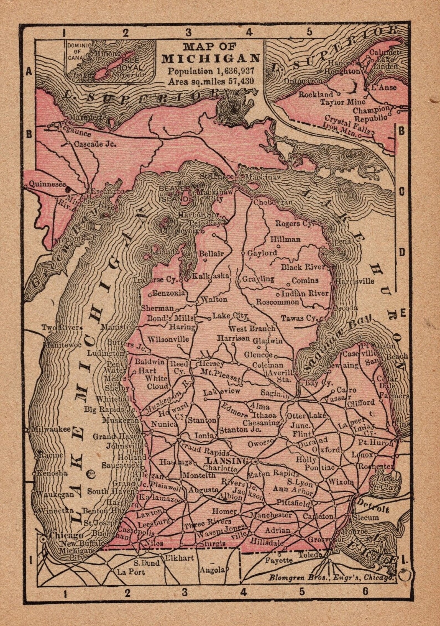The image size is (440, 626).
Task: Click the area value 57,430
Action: [x=241, y=81]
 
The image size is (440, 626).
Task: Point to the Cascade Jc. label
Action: [x=94, y=144]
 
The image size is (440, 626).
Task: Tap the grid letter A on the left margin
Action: [x=29, y=72]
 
